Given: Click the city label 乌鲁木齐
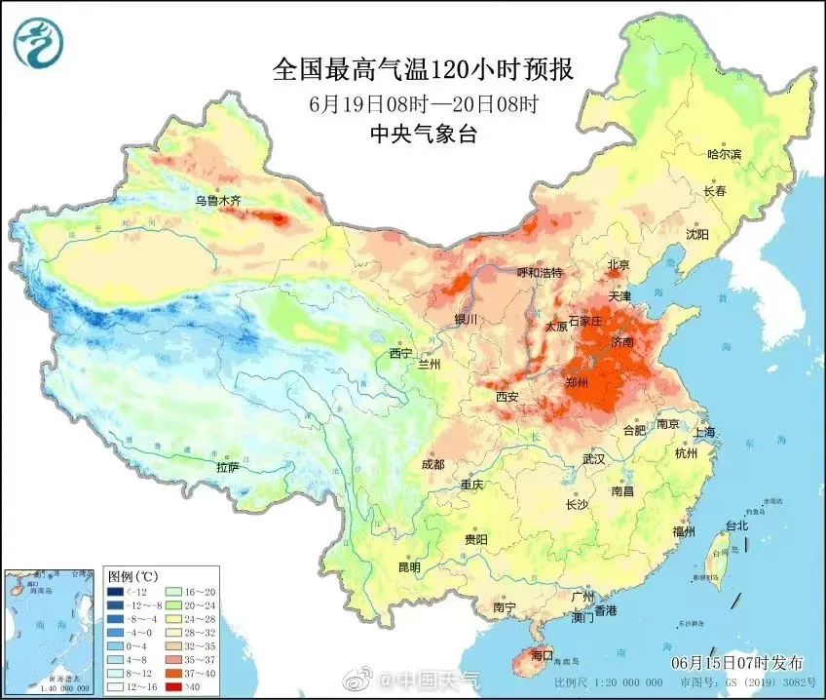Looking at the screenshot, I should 216,201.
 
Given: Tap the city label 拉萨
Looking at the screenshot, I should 227,467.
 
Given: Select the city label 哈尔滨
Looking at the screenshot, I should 724,154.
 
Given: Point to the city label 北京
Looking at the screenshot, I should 619,265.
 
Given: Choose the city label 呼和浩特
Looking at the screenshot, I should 540,273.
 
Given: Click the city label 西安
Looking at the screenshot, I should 507,397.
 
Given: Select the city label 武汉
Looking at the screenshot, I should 593,458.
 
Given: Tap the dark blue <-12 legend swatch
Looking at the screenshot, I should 115,591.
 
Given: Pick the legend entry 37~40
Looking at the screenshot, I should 191,673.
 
